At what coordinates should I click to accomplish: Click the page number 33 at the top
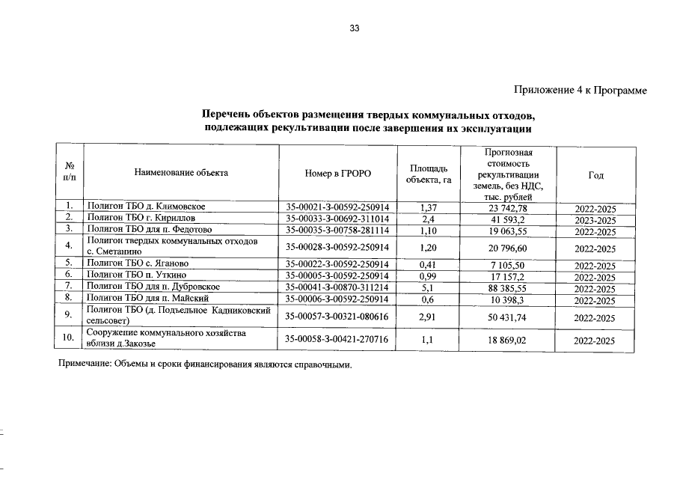pos(355,29)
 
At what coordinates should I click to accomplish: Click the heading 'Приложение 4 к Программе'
pos(580,91)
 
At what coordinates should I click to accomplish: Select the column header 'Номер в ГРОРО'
pos(337,174)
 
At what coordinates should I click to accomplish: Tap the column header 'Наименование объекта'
pos(181,174)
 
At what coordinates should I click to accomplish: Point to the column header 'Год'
pos(595,174)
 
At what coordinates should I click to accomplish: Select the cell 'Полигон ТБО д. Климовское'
pos(147,206)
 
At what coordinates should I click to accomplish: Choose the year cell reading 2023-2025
pos(595,220)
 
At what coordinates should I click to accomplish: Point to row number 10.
pos(69,338)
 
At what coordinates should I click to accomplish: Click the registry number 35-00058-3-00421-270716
pos(337,339)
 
